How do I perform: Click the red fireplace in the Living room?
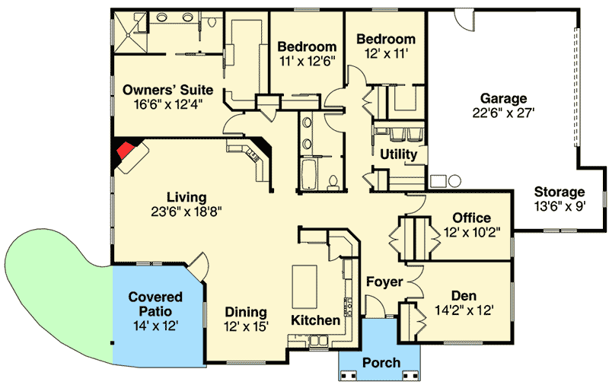(x=124, y=151)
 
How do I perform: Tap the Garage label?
(x=503, y=98)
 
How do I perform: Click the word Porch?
(x=380, y=362)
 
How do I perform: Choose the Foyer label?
(x=384, y=281)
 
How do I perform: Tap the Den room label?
(x=464, y=295)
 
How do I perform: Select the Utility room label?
(x=398, y=154)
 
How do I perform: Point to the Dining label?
(x=246, y=312)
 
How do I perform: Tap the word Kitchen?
(x=315, y=320)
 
